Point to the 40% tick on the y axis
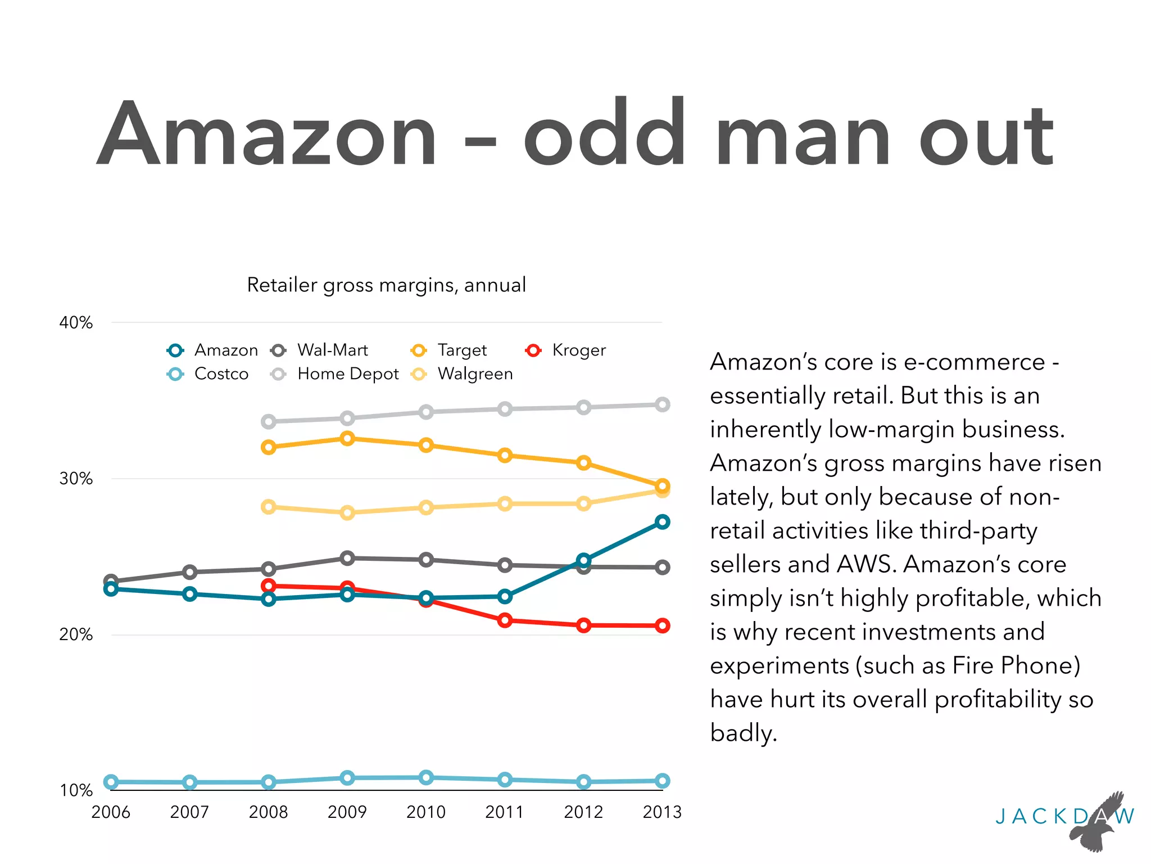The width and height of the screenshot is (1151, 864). coord(76,323)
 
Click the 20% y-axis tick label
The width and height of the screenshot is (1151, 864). coord(76,634)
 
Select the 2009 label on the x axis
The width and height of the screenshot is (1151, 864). coord(347,812)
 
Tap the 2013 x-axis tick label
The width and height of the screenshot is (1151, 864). coord(662,812)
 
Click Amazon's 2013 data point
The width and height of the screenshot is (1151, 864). coord(663,522)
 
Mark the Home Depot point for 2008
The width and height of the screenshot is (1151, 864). coord(269,421)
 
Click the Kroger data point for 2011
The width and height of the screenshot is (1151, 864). coord(505,620)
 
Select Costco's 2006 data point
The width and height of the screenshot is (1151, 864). coord(111,782)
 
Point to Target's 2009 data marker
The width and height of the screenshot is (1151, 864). coord(347,438)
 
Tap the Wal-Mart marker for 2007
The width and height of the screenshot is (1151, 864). coord(190,572)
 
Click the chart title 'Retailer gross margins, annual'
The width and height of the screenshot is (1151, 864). coord(387,285)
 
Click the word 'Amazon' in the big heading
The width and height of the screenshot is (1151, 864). coord(267,135)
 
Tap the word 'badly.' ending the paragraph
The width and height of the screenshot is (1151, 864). coord(744,733)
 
